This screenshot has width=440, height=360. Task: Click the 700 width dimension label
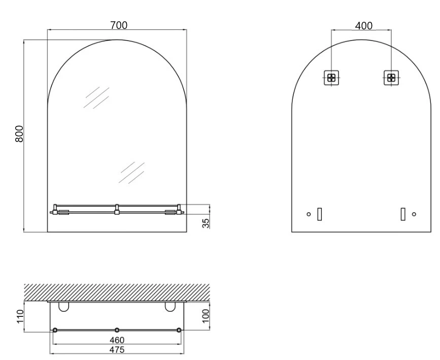tap(119, 25)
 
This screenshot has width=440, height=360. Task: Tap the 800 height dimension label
tap(19, 134)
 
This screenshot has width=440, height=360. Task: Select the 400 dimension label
tap(364, 26)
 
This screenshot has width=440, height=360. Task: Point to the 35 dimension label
tap(206, 223)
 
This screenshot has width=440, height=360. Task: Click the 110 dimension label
tap(20, 316)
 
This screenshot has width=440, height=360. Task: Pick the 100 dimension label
tap(206, 316)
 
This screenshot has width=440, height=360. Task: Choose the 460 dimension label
tap(117, 340)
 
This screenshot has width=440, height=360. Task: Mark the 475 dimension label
tap(117, 350)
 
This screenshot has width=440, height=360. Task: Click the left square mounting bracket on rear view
tap(331, 78)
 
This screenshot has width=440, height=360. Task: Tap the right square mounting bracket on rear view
tap(391, 78)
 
